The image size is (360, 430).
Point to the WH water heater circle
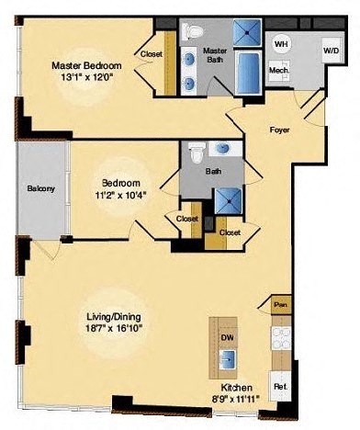[x=281, y=43]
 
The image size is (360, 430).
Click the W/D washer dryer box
[x=329, y=50]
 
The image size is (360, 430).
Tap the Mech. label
[x=279, y=70]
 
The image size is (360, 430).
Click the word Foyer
[x=279, y=130]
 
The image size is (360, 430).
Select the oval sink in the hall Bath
[x=221, y=148]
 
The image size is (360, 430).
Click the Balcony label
[x=40, y=189]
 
